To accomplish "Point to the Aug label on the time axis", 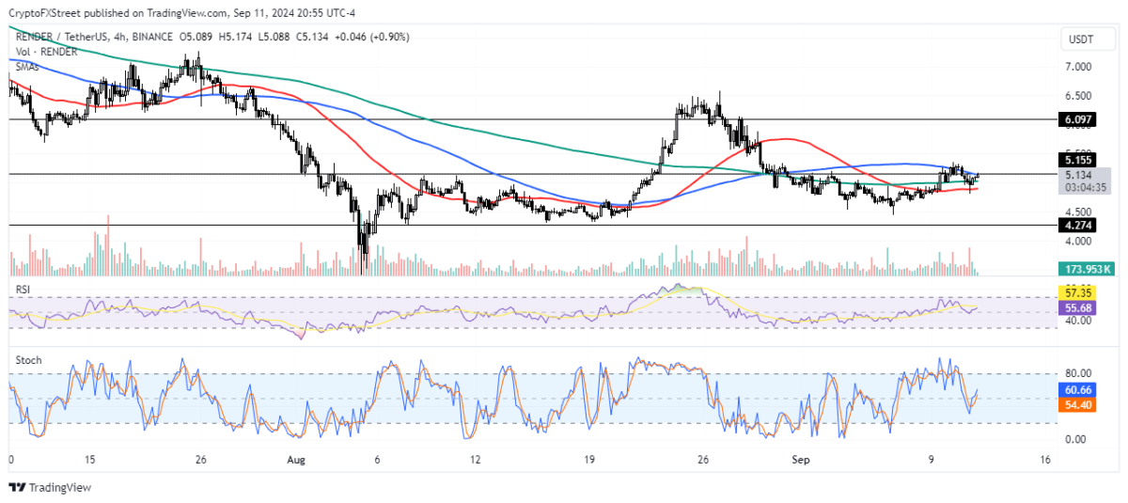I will pos(296,460).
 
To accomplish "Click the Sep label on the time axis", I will pos(800,460).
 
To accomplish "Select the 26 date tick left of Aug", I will pos(200,460).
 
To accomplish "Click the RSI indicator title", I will pos(23,290).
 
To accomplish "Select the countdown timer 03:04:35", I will pos(1084,187).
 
